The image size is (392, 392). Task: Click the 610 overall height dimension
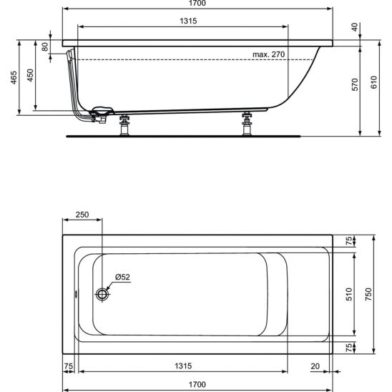[x=374, y=82]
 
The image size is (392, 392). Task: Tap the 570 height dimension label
[x=355, y=84]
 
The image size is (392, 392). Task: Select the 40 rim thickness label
[x=355, y=27]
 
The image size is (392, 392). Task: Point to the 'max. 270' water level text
[x=268, y=54]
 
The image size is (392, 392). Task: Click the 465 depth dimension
[x=14, y=77]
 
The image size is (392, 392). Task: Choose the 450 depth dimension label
[x=30, y=75]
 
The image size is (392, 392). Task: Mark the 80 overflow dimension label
[x=45, y=46]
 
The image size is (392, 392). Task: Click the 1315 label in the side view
[x=188, y=21]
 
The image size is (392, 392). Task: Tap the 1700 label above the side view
[x=197, y=4]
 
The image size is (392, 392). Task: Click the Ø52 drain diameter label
[x=122, y=277]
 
